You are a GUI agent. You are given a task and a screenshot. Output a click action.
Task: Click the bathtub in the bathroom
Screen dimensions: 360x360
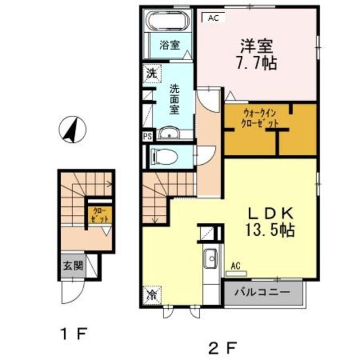(x=167, y=21)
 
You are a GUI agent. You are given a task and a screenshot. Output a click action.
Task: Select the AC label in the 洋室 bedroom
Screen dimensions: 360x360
(x=213, y=18)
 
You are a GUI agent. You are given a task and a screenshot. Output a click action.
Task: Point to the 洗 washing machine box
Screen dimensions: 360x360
(x=151, y=73)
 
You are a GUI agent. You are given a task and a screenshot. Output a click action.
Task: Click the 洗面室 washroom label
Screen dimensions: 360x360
(x=174, y=98)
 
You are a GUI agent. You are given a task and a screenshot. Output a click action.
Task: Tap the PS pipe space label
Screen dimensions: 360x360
(x=147, y=136)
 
